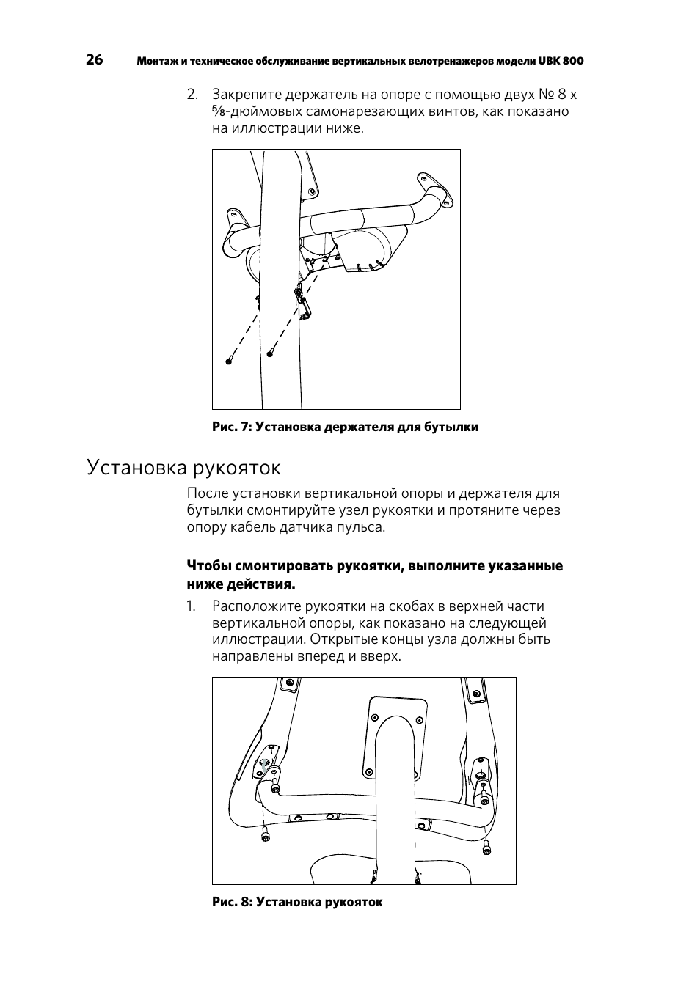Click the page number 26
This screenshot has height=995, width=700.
click(x=95, y=60)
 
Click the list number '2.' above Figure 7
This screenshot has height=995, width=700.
click(x=192, y=95)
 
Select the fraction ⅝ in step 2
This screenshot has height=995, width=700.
click(x=219, y=111)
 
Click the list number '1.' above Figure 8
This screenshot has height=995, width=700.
click(x=192, y=606)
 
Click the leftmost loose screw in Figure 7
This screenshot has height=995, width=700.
click(x=229, y=360)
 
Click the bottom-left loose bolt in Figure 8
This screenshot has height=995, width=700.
click(x=263, y=834)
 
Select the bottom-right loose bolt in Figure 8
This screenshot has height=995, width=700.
click(x=486, y=848)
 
